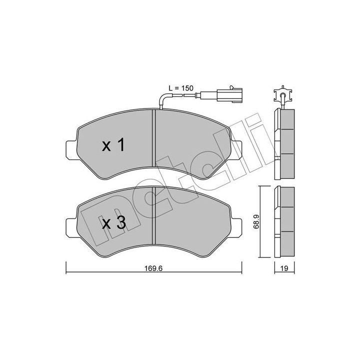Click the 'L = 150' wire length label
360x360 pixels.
181,88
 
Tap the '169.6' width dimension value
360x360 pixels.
153,268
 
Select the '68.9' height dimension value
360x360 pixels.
256,221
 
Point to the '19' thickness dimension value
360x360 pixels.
284,268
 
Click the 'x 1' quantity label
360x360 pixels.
113,145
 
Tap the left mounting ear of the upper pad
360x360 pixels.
71,150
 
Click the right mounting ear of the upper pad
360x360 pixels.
236,150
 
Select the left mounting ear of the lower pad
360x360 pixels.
71,227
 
